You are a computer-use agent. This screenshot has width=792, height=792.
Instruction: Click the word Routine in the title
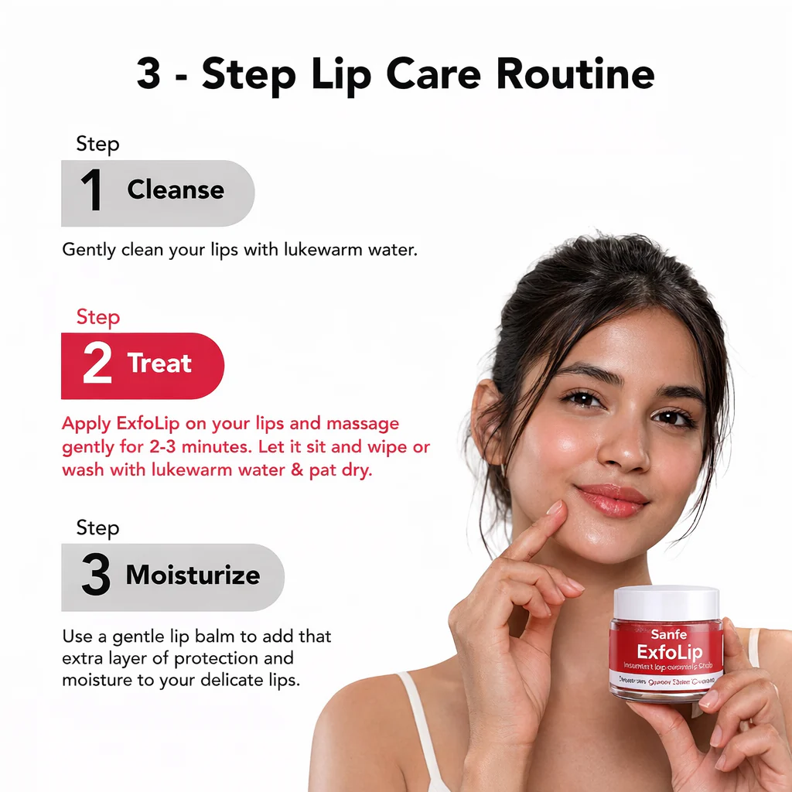575,75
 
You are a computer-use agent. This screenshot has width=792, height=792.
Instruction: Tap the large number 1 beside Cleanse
91,191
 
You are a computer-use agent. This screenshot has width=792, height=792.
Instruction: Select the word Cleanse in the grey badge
176,189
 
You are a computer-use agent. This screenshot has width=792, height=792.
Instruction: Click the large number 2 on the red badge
97,365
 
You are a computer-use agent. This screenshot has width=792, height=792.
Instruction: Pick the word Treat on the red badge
159,364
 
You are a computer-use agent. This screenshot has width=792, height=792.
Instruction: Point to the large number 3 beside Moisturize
96,576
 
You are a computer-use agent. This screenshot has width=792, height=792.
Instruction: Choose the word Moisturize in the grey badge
193,575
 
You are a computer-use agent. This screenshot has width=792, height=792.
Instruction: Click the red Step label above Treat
97,317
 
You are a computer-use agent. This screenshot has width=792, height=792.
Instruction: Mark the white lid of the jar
666,601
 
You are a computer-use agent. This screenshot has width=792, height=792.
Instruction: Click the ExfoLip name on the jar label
669,651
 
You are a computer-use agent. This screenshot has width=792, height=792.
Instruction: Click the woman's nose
625,449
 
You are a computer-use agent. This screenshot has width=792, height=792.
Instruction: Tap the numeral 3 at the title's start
148,76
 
